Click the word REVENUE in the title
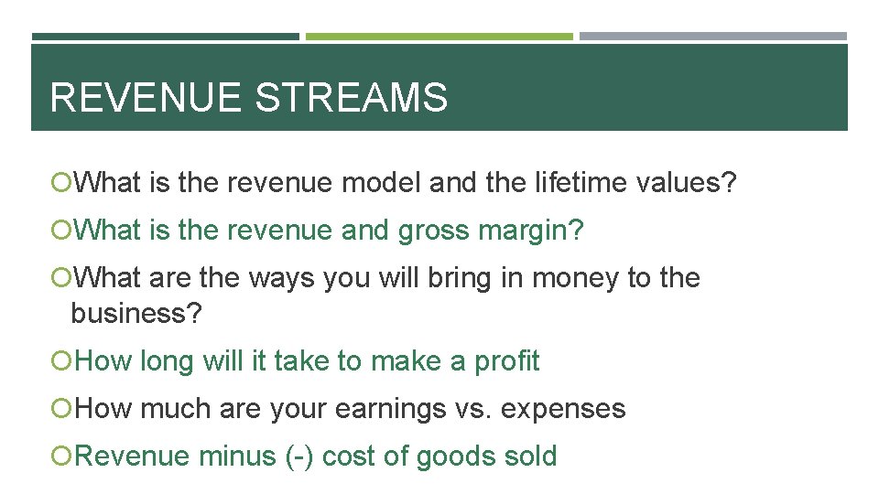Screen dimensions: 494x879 click(147, 98)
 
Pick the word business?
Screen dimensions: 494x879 click(136, 313)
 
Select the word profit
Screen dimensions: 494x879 click(506, 361)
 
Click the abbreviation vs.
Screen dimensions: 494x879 click(474, 409)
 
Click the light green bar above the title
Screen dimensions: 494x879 click(439, 37)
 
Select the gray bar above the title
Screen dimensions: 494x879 click(712, 37)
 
